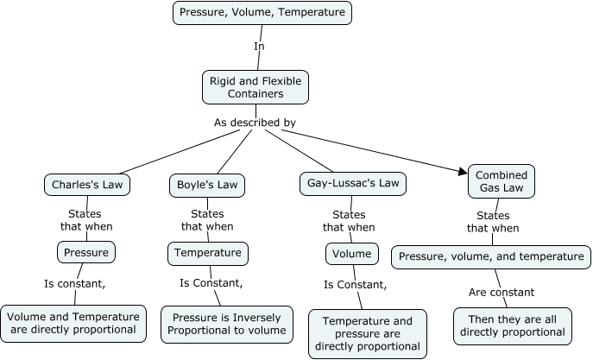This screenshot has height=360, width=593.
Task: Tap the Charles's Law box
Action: click(x=80, y=184)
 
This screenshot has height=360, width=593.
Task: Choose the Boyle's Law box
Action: click(x=206, y=184)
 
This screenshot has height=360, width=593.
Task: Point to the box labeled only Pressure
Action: click(x=86, y=252)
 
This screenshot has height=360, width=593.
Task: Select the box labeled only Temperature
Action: click(x=207, y=253)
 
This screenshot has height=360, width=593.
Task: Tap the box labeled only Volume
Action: click(x=352, y=254)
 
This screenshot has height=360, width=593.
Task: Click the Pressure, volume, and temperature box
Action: click(x=491, y=256)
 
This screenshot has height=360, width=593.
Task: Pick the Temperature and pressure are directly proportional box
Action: click(x=368, y=333)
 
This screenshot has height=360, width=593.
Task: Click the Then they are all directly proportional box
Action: click(x=512, y=325)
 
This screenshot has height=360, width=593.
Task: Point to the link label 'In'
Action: click(x=259, y=46)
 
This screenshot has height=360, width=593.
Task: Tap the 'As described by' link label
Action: click(x=255, y=123)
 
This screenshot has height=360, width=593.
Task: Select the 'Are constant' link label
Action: click(x=501, y=292)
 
